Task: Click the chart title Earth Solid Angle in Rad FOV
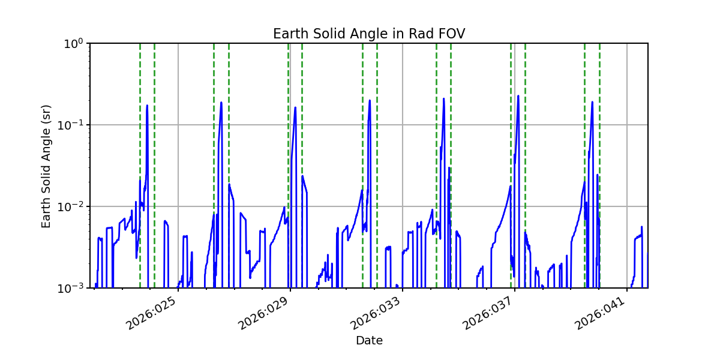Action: click(x=368, y=34)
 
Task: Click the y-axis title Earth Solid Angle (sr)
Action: click(x=46, y=166)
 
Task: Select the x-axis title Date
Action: click(x=369, y=341)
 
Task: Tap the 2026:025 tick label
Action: click(x=151, y=314)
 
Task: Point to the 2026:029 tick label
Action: click(x=263, y=314)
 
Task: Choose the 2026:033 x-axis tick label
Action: click(x=376, y=314)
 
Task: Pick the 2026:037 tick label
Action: click(x=488, y=314)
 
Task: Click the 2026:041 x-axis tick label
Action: click(x=600, y=314)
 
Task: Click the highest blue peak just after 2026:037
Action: click(x=518, y=96)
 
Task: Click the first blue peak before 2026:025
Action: click(x=147, y=106)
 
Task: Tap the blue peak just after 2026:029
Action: click(x=295, y=108)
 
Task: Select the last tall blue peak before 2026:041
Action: click(x=592, y=103)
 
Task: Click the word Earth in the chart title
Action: click(x=287, y=34)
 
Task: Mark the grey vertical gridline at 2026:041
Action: click(x=627, y=180)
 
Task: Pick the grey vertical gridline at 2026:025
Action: click(x=178, y=180)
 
